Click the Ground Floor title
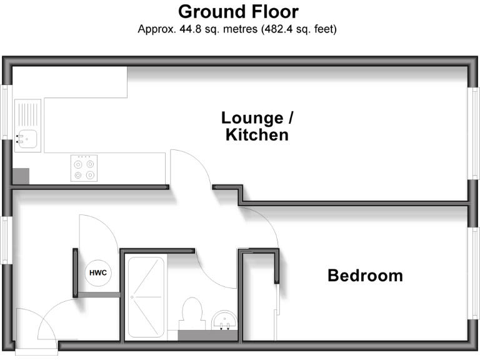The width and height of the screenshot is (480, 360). pyautogui.click(x=238, y=12)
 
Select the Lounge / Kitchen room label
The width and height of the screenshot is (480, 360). pyautogui.click(x=257, y=126)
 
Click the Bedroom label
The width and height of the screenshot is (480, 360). pyautogui.click(x=365, y=275)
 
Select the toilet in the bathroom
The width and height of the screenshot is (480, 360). pyautogui.click(x=191, y=312)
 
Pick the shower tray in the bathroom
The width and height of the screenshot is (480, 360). pyautogui.click(x=146, y=297)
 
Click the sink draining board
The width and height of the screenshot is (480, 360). pyautogui.click(x=28, y=114)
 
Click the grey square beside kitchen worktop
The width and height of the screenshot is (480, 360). pyautogui.click(x=21, y=176)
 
